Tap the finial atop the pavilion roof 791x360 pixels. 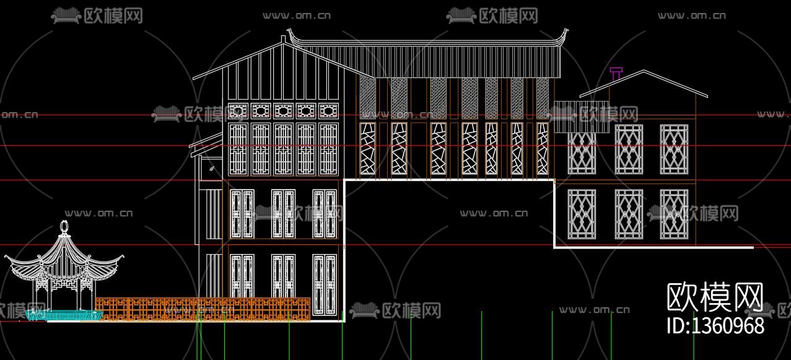coord(63,227)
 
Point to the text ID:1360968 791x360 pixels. coord(715,326)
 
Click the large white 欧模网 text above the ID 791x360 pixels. coord(715,298)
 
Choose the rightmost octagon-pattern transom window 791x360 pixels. coord(328,111)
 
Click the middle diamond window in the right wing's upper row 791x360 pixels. coord(629,149)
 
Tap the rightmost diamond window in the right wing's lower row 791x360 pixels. coord(674,214)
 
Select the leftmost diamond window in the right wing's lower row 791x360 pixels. coord(582,214)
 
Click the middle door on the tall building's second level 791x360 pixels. coord(283,214)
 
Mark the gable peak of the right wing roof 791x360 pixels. coord(644,71)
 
